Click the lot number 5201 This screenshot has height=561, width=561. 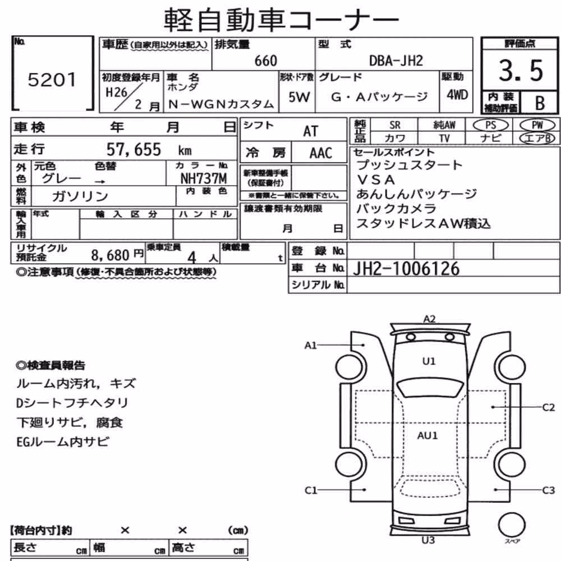coord(52,80)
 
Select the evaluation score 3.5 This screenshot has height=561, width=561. coord(521,70)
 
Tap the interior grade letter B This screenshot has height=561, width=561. coord(540,103)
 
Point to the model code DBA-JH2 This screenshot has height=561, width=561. coord(396,61)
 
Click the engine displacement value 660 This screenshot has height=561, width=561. coord(266,61)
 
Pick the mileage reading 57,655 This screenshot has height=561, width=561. coord(134,150)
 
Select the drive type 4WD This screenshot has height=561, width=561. coord(457,95)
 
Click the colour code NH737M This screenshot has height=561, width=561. coord(204,178)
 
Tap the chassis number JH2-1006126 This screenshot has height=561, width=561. coord(406,269)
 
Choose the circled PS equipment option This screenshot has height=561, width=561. coord(490,125)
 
